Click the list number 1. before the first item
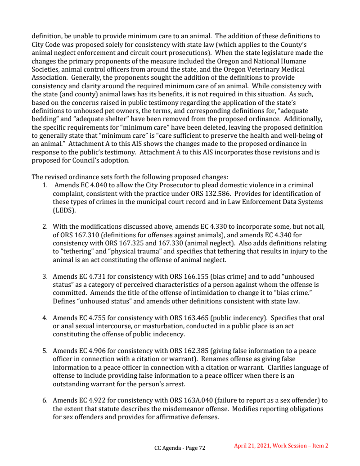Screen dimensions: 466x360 click(x=45, y=185)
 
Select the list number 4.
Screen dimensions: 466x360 click(x=45, y=318)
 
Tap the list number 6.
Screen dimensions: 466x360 click(x=45, y=400)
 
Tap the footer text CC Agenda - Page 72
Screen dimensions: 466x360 click(x=180, y=448)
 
